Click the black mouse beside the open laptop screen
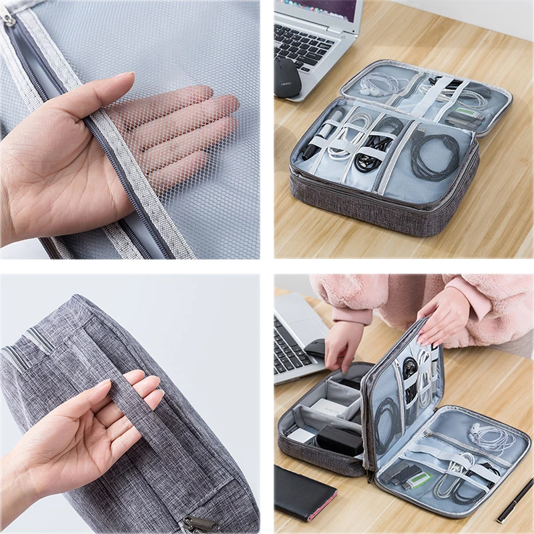pyautogui.click(x=288, y=77)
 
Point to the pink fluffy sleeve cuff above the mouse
pyautogui.click(x=350, y=313)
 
